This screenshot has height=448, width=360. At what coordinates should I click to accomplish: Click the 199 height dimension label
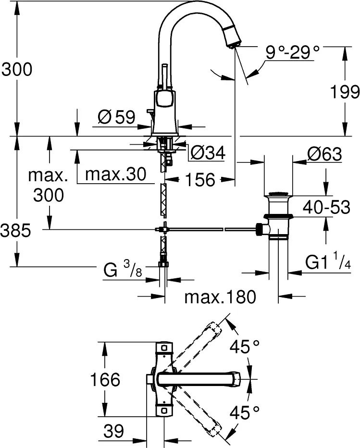click(345, 91)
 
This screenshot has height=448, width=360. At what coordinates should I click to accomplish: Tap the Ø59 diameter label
click(116, 117)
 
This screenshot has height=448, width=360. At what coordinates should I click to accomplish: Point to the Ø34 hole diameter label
click(208, 153)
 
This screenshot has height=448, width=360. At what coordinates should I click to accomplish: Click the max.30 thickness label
click(115, 175)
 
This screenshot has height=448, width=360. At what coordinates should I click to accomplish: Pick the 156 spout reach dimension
click(199, 180)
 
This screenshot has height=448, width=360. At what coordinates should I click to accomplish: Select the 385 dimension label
click(16, 231)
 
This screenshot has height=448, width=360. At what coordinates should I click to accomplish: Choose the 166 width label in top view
click(106, 380)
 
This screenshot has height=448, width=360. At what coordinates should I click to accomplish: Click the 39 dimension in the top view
click(114, 431)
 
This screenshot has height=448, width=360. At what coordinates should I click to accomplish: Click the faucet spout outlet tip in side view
click(233, 44)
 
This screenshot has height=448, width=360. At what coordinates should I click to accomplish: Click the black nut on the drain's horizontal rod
click(260, 229)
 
